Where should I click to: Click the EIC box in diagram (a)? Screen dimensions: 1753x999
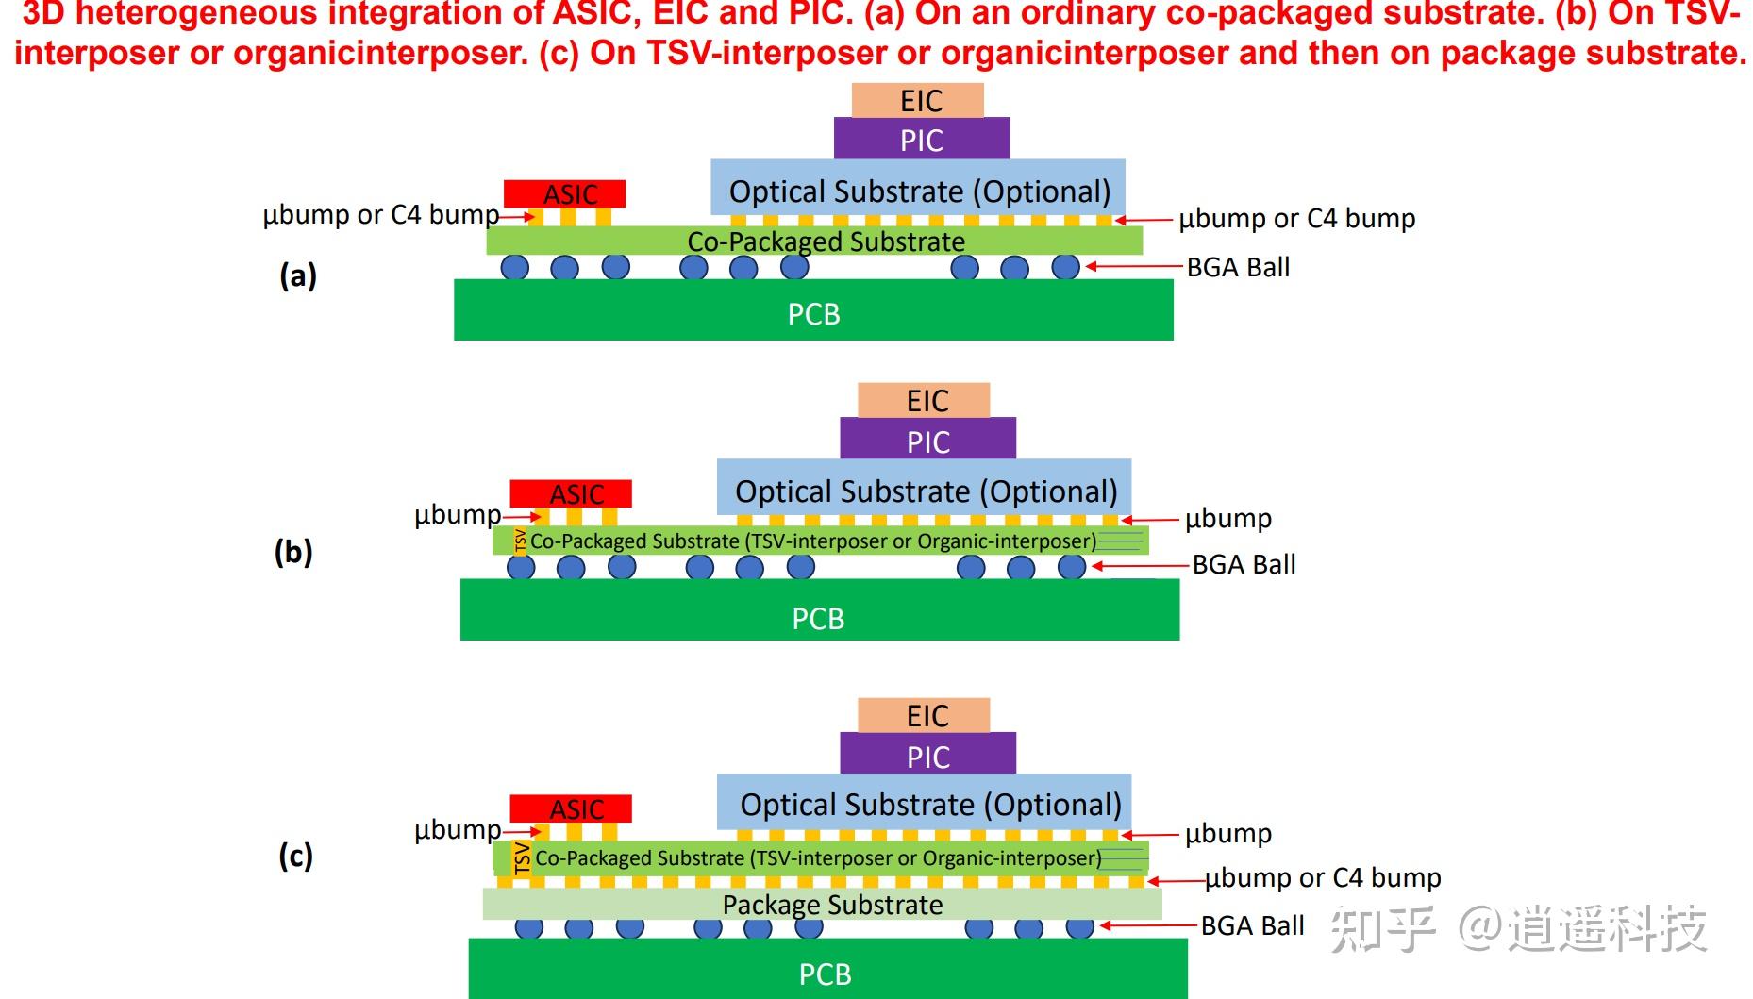click(x=917, y=100)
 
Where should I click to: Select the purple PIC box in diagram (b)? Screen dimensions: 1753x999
click(x=927, y=439)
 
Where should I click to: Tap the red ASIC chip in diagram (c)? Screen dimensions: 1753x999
click(x=571, y=808)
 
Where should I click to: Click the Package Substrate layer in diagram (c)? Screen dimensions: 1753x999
click(x=823, y=904)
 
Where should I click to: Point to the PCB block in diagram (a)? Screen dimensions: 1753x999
click(x=813, y=309)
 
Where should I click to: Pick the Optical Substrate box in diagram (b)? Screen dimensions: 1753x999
click(x=924, y=488)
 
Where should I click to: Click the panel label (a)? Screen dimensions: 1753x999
click(x=298, y=275)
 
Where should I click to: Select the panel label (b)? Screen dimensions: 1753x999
click(x=293, y=552)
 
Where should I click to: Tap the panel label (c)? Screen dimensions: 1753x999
click(x=295, y=856)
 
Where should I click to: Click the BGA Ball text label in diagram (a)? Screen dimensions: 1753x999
click(x=1238, y=267)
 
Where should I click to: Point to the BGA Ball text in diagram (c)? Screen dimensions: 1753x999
click(x=1252, y=925)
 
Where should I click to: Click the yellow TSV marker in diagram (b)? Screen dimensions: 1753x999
click(x=520, y=541)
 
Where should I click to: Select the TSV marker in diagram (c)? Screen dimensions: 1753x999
click(x=522, y=858)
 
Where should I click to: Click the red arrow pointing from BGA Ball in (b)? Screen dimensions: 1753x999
click(x=1139, y=566)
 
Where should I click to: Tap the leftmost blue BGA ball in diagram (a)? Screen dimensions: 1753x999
click(x=515, y=267)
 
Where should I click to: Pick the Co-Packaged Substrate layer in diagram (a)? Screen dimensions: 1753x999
click(x=814, y=241)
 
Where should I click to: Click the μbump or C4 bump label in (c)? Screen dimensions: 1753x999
click(x=1323, y=877)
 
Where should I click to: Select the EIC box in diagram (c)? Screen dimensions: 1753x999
click(x=924, y=715)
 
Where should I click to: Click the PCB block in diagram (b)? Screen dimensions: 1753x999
click(x=820, y=609)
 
